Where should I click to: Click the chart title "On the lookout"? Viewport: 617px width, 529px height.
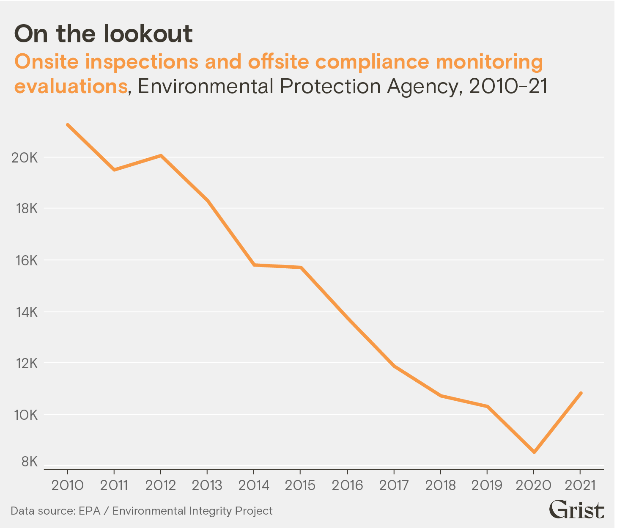(104, 34)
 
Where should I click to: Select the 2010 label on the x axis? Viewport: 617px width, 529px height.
(68, 485)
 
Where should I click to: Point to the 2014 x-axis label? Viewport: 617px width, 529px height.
(254, 485)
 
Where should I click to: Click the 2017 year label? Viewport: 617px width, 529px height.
(394, 485)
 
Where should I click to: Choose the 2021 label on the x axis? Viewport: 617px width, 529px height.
(580, 485)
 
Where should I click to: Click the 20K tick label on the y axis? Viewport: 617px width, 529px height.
(25, 158)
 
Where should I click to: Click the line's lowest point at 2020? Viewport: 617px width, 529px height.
(534, 452)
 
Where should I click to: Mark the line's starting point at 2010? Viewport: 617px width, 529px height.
(68, 125)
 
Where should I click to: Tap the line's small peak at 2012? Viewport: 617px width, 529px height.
(161, 156)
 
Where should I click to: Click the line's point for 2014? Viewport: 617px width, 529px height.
(254, 265)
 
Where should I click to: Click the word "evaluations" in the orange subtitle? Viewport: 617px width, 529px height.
(71, 86)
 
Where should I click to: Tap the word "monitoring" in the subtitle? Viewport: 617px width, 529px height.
(489, 62)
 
